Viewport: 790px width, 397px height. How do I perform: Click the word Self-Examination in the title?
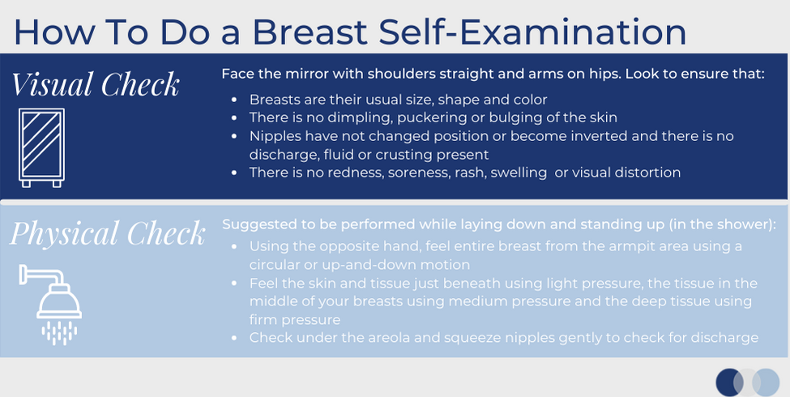coord(532,32)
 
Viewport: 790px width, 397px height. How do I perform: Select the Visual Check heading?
coord(96,84)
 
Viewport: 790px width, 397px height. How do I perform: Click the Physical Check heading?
coord(107,233)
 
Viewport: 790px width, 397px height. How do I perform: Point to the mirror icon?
coord(41,147)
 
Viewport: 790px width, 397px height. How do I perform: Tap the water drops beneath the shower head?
coord(59,333)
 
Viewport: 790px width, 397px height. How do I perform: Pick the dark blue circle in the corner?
coord(729,382)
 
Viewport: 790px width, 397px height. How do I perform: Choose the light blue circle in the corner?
coord(766,382)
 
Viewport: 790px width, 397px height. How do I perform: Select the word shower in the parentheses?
coord(741,224)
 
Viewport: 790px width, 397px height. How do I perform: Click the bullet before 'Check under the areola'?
coord(234,338)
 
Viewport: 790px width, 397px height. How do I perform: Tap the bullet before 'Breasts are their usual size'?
coord(234,100)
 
